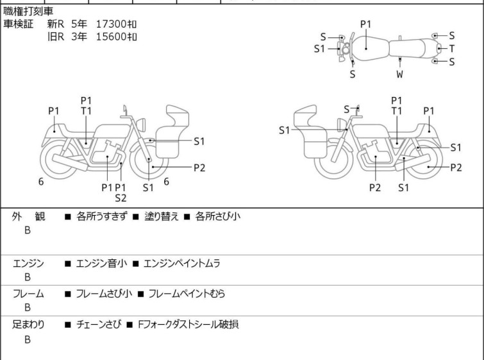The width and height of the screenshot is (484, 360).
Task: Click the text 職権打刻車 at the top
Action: tap(28, 11)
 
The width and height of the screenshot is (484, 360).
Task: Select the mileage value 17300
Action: tap(111, 24)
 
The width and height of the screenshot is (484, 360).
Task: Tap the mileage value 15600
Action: tap(111, 37)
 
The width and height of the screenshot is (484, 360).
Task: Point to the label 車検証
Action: tap(18, 24)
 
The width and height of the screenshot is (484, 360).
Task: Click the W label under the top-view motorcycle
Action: tap(400, 74)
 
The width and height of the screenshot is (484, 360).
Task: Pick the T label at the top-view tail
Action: tap(452, 49)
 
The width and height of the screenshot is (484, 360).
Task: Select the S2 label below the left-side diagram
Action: tap(121, 198)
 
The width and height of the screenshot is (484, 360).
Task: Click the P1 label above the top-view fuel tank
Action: tap(366, 24)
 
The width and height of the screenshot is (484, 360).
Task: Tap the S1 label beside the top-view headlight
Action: tap(319, 49)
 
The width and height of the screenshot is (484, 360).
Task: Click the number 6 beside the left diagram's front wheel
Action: tap(167, 182)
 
